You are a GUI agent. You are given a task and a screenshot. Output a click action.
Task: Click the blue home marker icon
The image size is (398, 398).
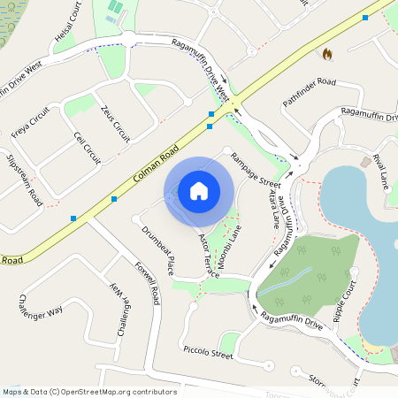click(199, 191)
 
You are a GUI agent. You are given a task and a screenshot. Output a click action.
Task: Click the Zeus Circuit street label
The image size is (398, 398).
click(117, 124)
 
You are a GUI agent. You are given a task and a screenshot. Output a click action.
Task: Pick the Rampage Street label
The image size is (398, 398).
click(256, 170)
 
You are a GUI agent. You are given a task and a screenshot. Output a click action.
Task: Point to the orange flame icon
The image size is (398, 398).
click(328, 54)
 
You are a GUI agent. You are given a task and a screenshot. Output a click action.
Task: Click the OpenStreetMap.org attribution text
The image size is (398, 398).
click(111, 392)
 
